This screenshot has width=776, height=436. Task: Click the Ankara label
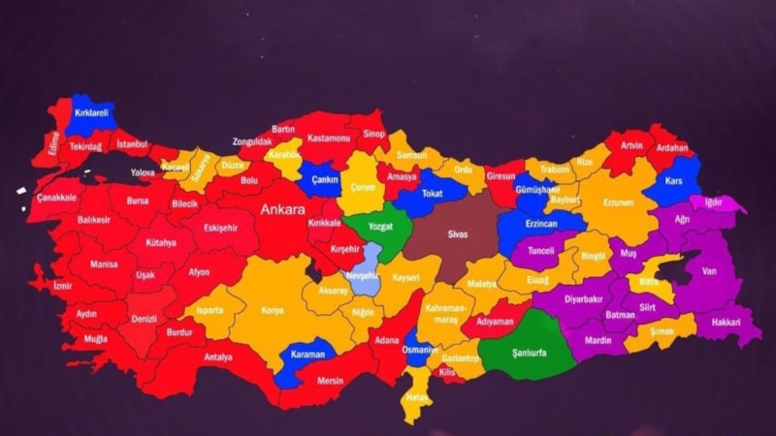coord(281,208)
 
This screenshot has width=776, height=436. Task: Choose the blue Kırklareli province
coord(90,114)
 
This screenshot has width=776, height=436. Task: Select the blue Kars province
coord(673,179)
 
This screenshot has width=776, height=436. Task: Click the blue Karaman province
coord(307,355)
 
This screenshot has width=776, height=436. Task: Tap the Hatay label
coord(418,397)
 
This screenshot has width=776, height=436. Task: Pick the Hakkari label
coord(725,321)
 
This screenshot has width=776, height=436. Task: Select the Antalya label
coord(218,357)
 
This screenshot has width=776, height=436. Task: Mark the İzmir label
coord(62,287)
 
